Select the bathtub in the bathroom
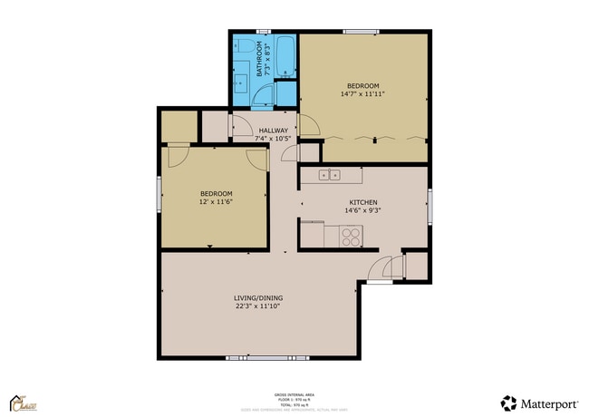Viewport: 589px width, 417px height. pos(285,56)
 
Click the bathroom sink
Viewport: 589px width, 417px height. pos(242,84)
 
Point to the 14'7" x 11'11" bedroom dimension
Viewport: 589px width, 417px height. pos(363,93)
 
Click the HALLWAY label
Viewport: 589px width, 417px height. pos(273,131)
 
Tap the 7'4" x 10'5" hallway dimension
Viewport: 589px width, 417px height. pos(273,139)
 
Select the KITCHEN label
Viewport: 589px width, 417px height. pos(363,202)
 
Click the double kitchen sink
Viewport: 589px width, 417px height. pos(329,174)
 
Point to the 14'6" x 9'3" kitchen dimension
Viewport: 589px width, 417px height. pos(363,211)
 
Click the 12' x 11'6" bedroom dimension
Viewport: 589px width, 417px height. pos(216,202)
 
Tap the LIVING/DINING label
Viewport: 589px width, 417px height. pos(257,297)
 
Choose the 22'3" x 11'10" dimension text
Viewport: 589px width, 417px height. pos(257,306)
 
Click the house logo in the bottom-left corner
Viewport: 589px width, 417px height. pos(21,402)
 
